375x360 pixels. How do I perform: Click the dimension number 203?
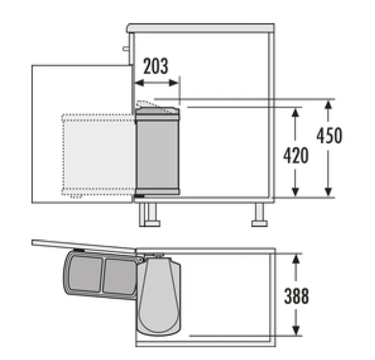pyautogui.click(x=156, y=66)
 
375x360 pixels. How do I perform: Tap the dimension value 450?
pyautogui.click(x=329, y=135)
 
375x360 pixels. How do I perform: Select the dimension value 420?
pyautogui.click(x=296, y=155)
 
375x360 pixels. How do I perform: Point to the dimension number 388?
pyautogui.click(x=296, y=296)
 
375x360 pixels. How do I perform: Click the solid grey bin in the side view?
pyautogui.click(x=157, y=154)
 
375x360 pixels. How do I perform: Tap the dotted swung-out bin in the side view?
pyautogui.click(x=98, y=154)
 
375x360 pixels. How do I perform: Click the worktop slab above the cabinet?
pyautogui.click(x=201, y=28)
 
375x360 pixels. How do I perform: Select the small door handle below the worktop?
pyautogui.click(x=126, y=48)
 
